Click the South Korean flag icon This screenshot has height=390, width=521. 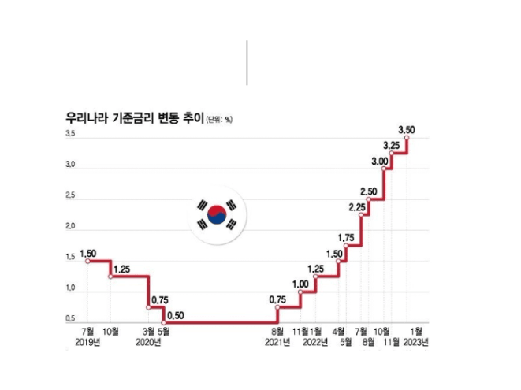217,214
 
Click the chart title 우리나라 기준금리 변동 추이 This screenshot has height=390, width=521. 134,119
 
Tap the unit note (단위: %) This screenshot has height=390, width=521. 219,121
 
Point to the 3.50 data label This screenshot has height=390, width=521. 407,128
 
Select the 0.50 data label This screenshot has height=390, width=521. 176,317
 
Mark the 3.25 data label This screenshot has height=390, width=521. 392,145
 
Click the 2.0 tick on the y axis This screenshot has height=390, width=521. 71,227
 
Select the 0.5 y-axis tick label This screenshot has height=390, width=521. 71,319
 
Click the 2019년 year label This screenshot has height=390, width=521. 88,343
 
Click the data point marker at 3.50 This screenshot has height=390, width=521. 407,138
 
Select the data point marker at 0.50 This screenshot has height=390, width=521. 163,322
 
